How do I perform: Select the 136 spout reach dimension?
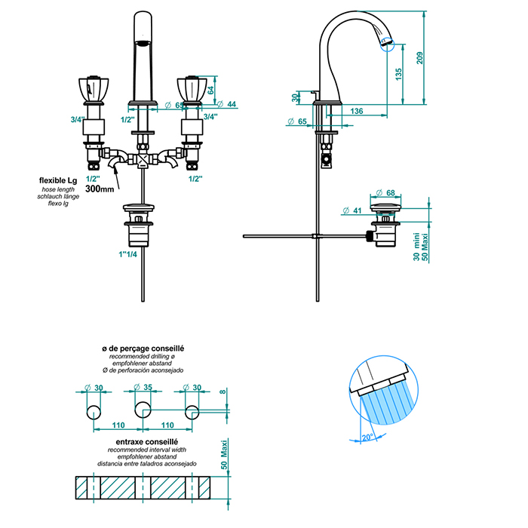358,112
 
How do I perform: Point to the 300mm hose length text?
101,189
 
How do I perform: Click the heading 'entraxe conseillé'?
146,441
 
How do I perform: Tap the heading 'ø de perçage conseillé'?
143,348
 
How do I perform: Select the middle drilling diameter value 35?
148,388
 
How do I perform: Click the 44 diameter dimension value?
232,104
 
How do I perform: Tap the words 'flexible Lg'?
59,180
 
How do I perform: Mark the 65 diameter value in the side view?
302,121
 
